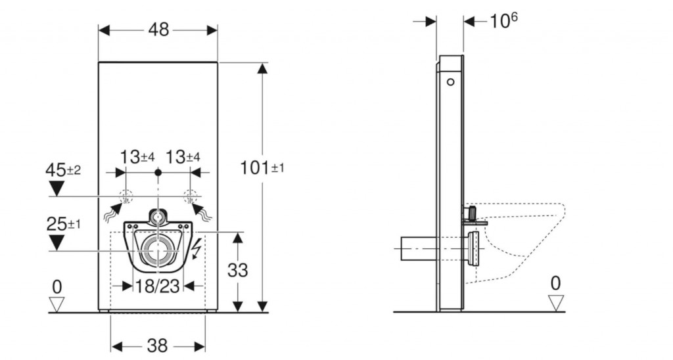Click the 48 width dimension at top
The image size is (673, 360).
(158, 30)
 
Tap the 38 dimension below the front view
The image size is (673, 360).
(157, 346)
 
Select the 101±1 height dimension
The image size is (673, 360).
(262, 168)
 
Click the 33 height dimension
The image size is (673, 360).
(237, 270)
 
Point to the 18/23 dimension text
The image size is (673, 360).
(158, 286)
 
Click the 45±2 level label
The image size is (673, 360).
(62, 170)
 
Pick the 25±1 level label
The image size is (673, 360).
(63, 223)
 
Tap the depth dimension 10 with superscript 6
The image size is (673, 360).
(503, 20)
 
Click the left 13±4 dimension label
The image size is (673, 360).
(137, 157)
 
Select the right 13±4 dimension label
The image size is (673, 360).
(183, 157)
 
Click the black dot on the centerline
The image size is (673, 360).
(158, 173)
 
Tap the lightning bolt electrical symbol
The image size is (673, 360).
(196, 249)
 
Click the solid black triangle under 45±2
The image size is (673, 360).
(57, 189)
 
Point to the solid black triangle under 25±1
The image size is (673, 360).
(57, 242)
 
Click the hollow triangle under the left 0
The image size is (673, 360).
(57, 304)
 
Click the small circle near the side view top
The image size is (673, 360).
(450, 82)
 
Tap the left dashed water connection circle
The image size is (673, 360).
(126, 197)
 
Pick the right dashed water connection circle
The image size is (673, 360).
(190, 197)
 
